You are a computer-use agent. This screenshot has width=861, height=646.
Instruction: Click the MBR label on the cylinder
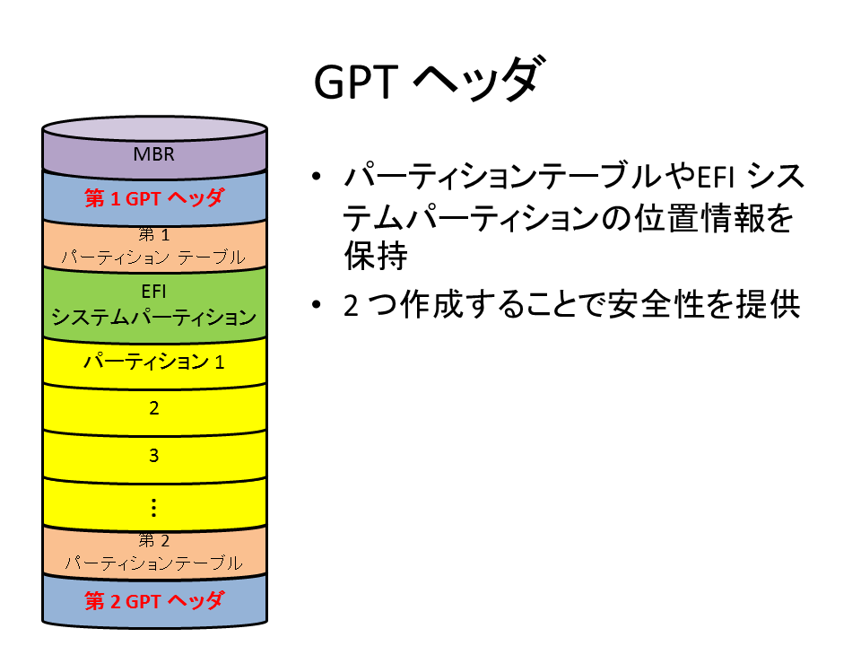click(153, 154)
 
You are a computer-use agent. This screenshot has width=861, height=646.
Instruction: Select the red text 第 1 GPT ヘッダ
click(154, 197)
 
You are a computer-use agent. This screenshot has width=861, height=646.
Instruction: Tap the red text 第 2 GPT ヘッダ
click(154, 601)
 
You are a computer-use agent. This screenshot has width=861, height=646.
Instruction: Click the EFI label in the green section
click(153, 291)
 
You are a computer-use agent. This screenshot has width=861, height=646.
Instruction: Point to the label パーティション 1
click(153, 362)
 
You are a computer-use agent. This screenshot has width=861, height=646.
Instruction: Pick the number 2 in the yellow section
click(153, 408)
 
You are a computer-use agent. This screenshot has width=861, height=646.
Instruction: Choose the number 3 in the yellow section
click(153, 456)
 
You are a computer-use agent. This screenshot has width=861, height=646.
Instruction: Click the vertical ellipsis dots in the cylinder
click(153, 508)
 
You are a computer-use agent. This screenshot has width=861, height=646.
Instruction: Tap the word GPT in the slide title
click(355, 83)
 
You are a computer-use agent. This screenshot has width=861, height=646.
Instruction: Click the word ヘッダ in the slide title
click(479, 80)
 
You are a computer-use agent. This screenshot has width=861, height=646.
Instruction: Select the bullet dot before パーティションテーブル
click(316, 177)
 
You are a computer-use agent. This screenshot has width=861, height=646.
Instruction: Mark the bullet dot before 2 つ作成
click(316, 304)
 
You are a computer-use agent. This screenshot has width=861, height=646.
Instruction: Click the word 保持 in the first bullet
click(376, 256)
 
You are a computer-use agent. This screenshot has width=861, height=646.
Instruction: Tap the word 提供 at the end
click(769, 304)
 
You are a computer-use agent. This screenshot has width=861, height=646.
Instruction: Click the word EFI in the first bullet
click(716, 177)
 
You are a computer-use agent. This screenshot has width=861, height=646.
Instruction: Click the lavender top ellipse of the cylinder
click(154, 128)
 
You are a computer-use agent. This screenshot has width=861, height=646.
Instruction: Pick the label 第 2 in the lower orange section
click(153, 540)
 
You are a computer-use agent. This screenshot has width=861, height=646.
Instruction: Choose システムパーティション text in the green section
click(153, 317)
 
